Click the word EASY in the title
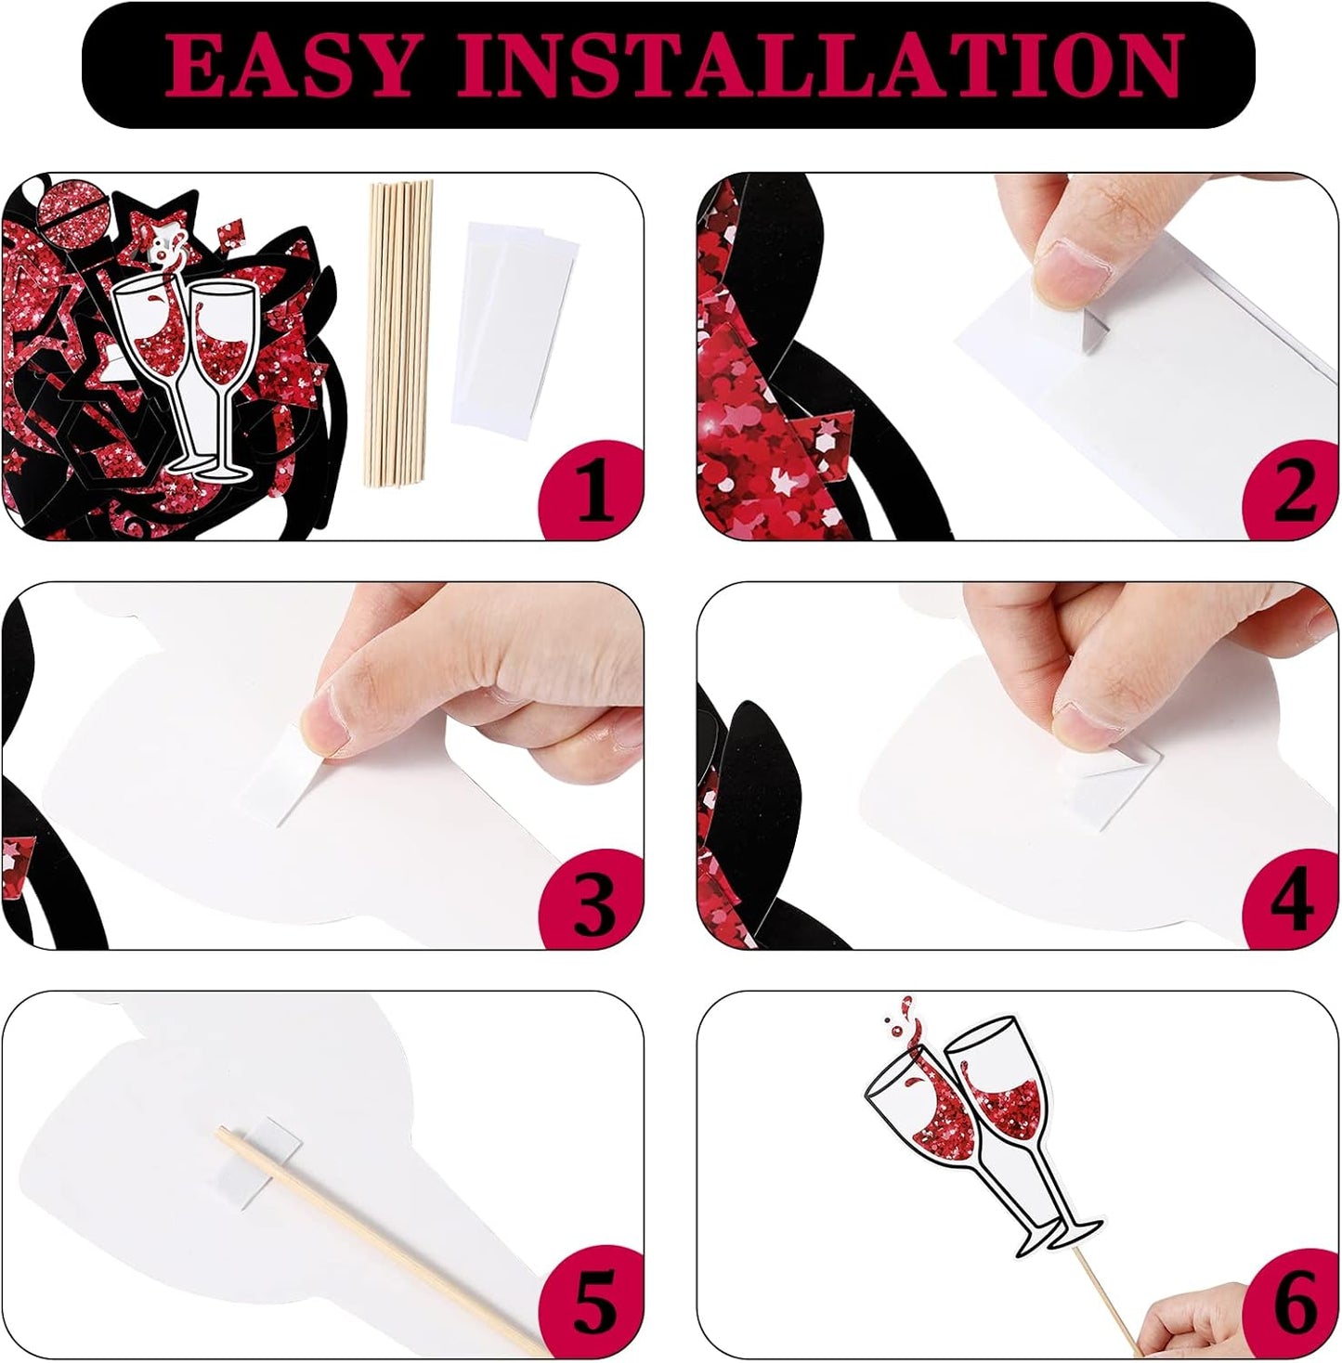tap(290, 65)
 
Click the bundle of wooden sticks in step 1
tap(398, 333)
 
